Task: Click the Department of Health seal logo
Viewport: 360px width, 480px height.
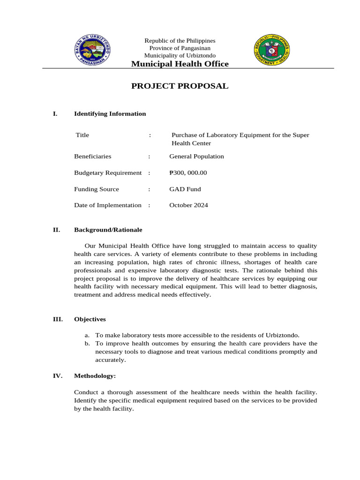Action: [x=272, y=50]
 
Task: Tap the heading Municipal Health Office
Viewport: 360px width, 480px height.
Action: [x=180, y=64]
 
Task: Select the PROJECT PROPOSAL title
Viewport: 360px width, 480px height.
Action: [x=180, y=86]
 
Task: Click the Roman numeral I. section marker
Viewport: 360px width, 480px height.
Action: [x=55, y=113]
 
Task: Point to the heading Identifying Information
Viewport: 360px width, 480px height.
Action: [x=110, y=113]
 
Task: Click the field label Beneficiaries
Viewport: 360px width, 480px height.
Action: [x=93, y=156]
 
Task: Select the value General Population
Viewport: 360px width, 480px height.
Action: [x=196, y=156]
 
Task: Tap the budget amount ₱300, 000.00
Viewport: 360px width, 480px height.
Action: [x=188, y=172]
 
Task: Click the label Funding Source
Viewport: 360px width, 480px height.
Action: [x=97, y=189]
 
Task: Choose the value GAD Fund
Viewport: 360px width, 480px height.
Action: [x=185, y=189]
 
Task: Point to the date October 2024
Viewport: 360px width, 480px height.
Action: [x=188, y=205]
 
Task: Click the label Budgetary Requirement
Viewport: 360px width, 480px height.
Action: [x=108, y=172]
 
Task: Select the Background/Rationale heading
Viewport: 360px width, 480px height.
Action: [x=108, y=230]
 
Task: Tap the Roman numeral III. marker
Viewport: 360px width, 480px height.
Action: [x=58, y=319]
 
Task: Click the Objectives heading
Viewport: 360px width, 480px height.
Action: [x=90, y=319]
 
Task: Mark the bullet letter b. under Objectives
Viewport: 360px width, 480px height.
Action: [x=87, y=344]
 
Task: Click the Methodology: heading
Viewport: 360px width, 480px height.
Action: [x=95, y=376]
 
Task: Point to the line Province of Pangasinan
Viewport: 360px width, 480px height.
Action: [x=180, y=48]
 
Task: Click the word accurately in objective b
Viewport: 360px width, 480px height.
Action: [x=111, y=360]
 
